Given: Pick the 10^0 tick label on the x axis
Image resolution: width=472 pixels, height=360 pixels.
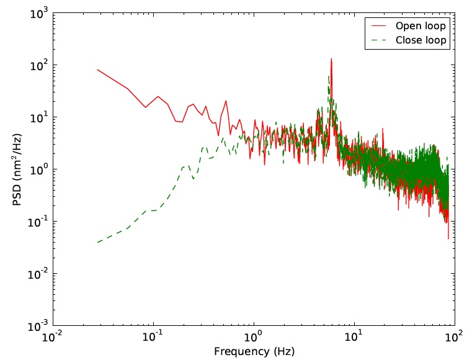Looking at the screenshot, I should (254, 338).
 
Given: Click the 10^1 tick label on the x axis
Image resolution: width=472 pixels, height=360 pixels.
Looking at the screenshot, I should (354, 338).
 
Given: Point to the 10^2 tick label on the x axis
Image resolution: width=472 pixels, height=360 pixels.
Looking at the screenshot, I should (455, 338).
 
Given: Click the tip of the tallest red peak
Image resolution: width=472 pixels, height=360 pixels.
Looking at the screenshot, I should (331, 59).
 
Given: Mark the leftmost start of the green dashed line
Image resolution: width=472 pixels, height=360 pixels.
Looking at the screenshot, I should (98, 242).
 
